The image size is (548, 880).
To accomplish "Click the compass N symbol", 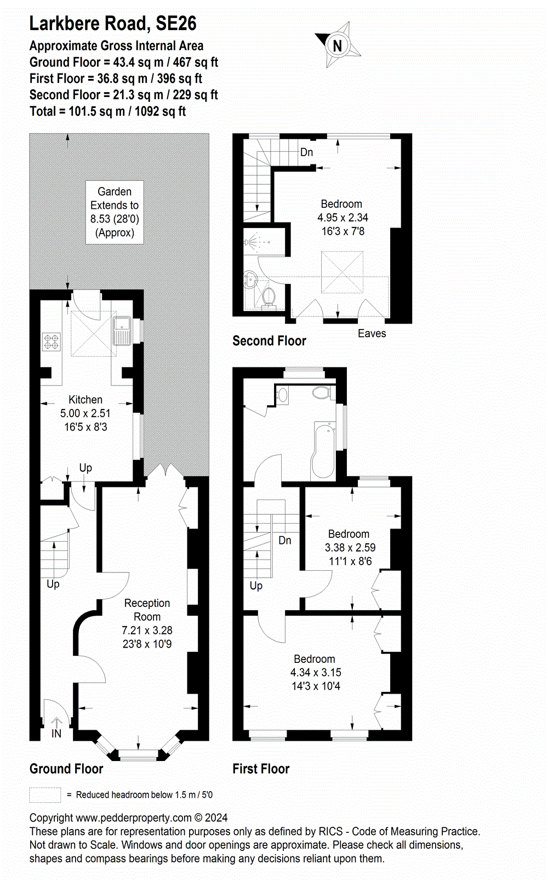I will coord(338,46).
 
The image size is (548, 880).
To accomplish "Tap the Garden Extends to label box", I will coord(115,212).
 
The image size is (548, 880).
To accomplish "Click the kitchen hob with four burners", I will coord(52,342).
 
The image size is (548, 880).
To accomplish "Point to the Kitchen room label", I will coord(85,400).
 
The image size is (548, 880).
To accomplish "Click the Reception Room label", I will coord(147,610).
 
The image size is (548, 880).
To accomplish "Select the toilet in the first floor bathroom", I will coord(321,393).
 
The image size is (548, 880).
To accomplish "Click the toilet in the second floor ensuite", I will coord(269,297).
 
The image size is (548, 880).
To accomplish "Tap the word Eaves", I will coord(372,333).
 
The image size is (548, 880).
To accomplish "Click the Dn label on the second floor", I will coord(306,152).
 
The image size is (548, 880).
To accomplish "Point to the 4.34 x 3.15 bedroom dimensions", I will coord(316,672).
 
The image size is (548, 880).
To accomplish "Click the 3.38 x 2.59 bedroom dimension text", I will coord(350,547).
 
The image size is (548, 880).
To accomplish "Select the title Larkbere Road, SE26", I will coord(112,24).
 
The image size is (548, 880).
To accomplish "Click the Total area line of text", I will coord(107,111).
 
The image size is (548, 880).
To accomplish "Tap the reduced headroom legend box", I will coord(45,794).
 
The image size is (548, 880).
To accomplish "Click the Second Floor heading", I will coord(269,340).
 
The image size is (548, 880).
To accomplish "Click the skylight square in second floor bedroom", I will coord(342,272).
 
